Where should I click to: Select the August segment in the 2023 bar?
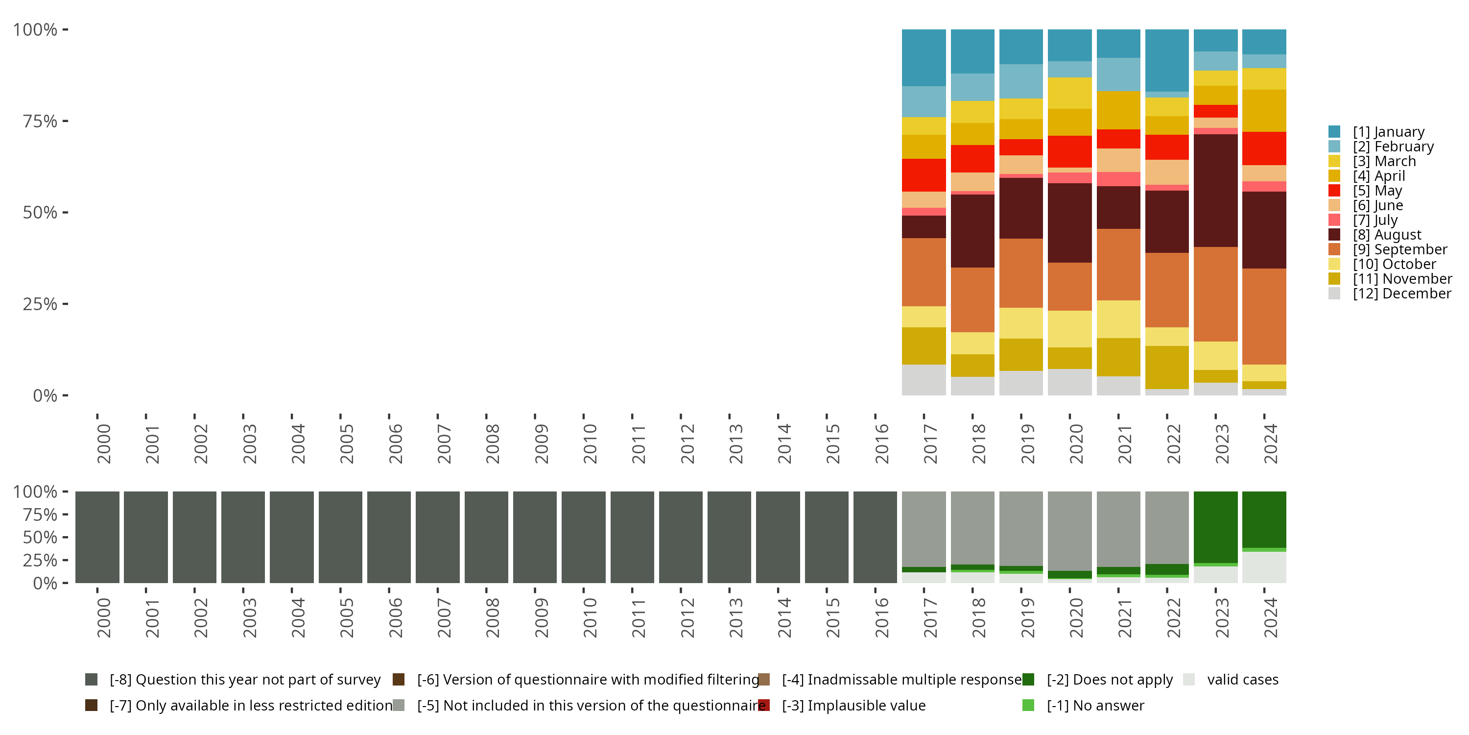(x=1215, y=190)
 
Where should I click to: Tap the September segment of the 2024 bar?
(x=1264, y=316)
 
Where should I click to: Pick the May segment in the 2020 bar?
(x=1069, y=151)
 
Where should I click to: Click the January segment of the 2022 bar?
(x=1167, y=60)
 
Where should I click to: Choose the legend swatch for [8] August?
(x=1334, y=235)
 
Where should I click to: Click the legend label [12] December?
(x=1402, y=294)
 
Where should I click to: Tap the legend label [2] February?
(x=1393, y=147)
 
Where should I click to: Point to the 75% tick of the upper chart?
(x=65, y=121)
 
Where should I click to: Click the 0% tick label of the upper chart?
(x=45, y=395)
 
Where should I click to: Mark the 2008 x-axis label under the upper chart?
(x=493, y=443)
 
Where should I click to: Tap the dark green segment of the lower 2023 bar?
(x=1215, y=526)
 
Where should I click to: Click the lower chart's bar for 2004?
(x=291, y=537)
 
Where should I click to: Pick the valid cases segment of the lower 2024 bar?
(x=1264, y=567)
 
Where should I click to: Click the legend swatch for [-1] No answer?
(x=1028, y=705)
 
